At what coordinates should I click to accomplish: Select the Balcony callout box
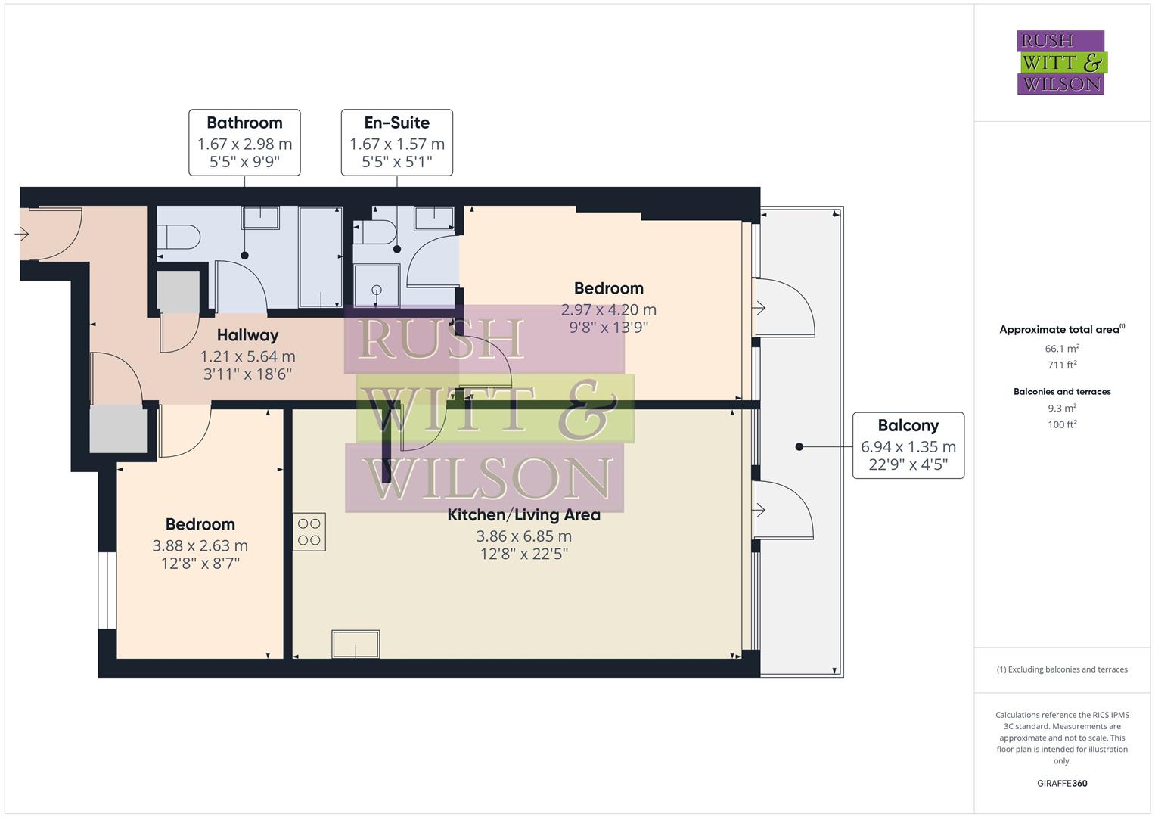pos(908,446)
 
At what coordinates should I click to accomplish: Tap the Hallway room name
pos(247,335)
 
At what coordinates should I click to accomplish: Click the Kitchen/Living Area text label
pos(523,515)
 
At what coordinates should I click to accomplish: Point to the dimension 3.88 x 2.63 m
pos(200,545)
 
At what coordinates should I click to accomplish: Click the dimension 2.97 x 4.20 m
pos(608,309)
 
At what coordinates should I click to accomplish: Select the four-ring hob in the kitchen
pos(309,531)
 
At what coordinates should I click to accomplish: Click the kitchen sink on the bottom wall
pos(356,645)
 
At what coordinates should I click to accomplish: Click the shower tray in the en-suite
pos(377,285)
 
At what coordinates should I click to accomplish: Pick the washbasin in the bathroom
pos(260,218)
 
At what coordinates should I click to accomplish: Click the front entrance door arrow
pos(21,235)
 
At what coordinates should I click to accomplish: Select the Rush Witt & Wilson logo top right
pos(1060,63)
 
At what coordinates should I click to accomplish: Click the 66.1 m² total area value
pos(1061,349)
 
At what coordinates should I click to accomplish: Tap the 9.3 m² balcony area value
pos(1061,408)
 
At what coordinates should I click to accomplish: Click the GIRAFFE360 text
pos(1061,783)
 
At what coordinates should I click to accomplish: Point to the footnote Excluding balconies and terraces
pos(1061,669)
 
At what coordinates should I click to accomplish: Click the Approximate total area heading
pos(1061,329)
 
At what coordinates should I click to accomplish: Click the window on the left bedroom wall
pos(107,590)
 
